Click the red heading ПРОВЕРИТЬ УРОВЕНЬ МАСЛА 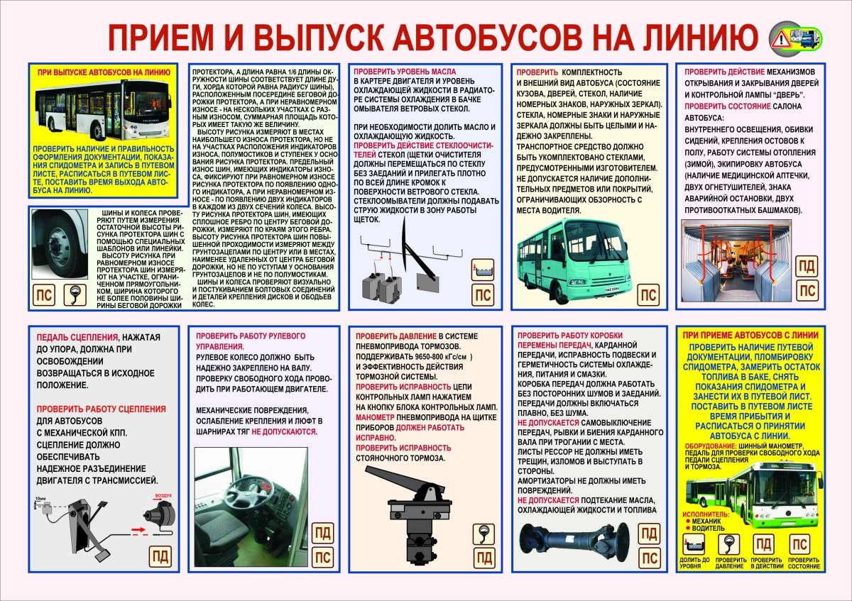coord(405,72)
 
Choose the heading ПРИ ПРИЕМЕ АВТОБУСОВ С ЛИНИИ coord(750,335)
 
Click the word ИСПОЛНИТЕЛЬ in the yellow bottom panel coord(705,513)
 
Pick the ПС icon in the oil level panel coord(484,296)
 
